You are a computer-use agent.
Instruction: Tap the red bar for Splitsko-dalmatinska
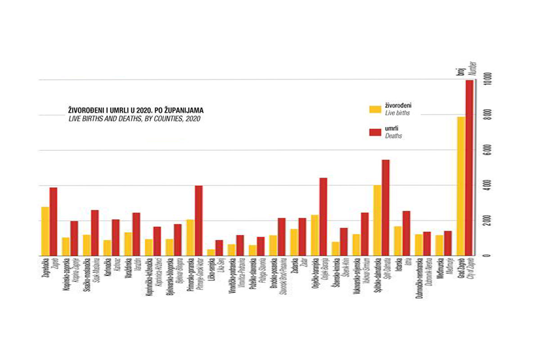[386, 207]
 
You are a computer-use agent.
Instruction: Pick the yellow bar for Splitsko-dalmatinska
[377, 220]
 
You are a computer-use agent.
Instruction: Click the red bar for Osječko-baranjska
[323, 216]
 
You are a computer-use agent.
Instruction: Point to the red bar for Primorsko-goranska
[198, 220]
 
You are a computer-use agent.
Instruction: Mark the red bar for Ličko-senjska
[219, 247]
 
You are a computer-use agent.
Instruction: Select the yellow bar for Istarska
[398, 241]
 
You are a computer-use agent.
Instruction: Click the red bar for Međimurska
[448, 243]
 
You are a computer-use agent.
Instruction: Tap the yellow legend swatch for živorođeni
[374, 109]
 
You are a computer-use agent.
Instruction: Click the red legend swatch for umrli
[374, 132]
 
